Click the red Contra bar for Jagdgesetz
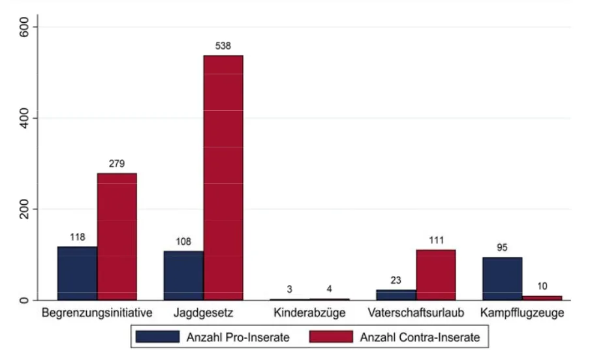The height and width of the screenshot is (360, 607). (x=223, y=178)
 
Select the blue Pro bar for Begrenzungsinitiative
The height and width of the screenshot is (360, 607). (x=78, y=273)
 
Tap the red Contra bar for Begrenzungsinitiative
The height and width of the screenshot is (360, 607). (x=117, y=237)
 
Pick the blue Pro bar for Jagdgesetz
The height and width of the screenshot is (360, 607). (x=183, y=276)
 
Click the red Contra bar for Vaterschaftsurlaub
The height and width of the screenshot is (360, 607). (x=436, y=275)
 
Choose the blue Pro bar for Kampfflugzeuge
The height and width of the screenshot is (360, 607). (x=502, y=278)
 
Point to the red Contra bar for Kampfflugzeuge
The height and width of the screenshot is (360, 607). (x=542, y=298)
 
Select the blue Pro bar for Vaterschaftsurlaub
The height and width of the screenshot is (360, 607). (x=396, y=295)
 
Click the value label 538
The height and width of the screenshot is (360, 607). (x=223, y=46)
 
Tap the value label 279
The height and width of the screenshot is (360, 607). (x=117, y=164)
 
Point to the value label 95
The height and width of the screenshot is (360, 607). (x=502, y=247)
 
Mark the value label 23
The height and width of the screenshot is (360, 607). (x=396, y=280)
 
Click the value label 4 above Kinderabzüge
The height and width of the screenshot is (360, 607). (x=329, y=289)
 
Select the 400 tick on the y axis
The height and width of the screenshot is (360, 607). (x=24, y=118)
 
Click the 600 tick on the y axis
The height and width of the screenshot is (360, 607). (x=24, y=27)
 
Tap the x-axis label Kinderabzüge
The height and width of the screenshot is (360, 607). (x=309, y=312)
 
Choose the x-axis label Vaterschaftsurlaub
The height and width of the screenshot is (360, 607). (x=416, y=312)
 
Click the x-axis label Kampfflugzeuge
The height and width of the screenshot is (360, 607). (x=522, y=312)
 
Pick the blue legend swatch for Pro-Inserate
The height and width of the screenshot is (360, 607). (x=157, y=337)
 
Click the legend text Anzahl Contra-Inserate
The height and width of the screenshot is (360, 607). (x=420, y=337)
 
